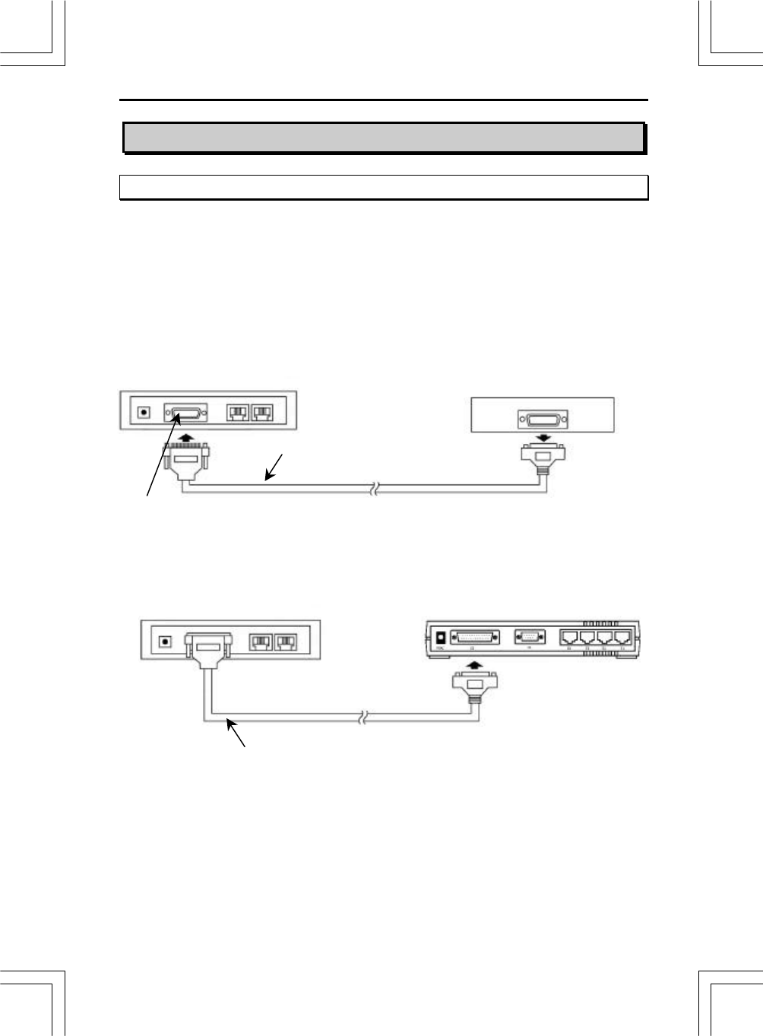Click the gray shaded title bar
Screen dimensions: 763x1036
[384, 138]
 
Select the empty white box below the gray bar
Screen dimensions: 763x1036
[384, 187]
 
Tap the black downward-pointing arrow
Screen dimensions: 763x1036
[543, 438]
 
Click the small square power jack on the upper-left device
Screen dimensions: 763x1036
[143, 413]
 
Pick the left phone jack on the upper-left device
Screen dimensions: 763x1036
[238, 413]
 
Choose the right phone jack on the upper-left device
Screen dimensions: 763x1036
[263, 413]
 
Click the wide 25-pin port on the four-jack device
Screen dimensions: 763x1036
[476, 638]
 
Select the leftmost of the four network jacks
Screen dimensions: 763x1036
[570, 638]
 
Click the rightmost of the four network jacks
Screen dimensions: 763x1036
[623, 638]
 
